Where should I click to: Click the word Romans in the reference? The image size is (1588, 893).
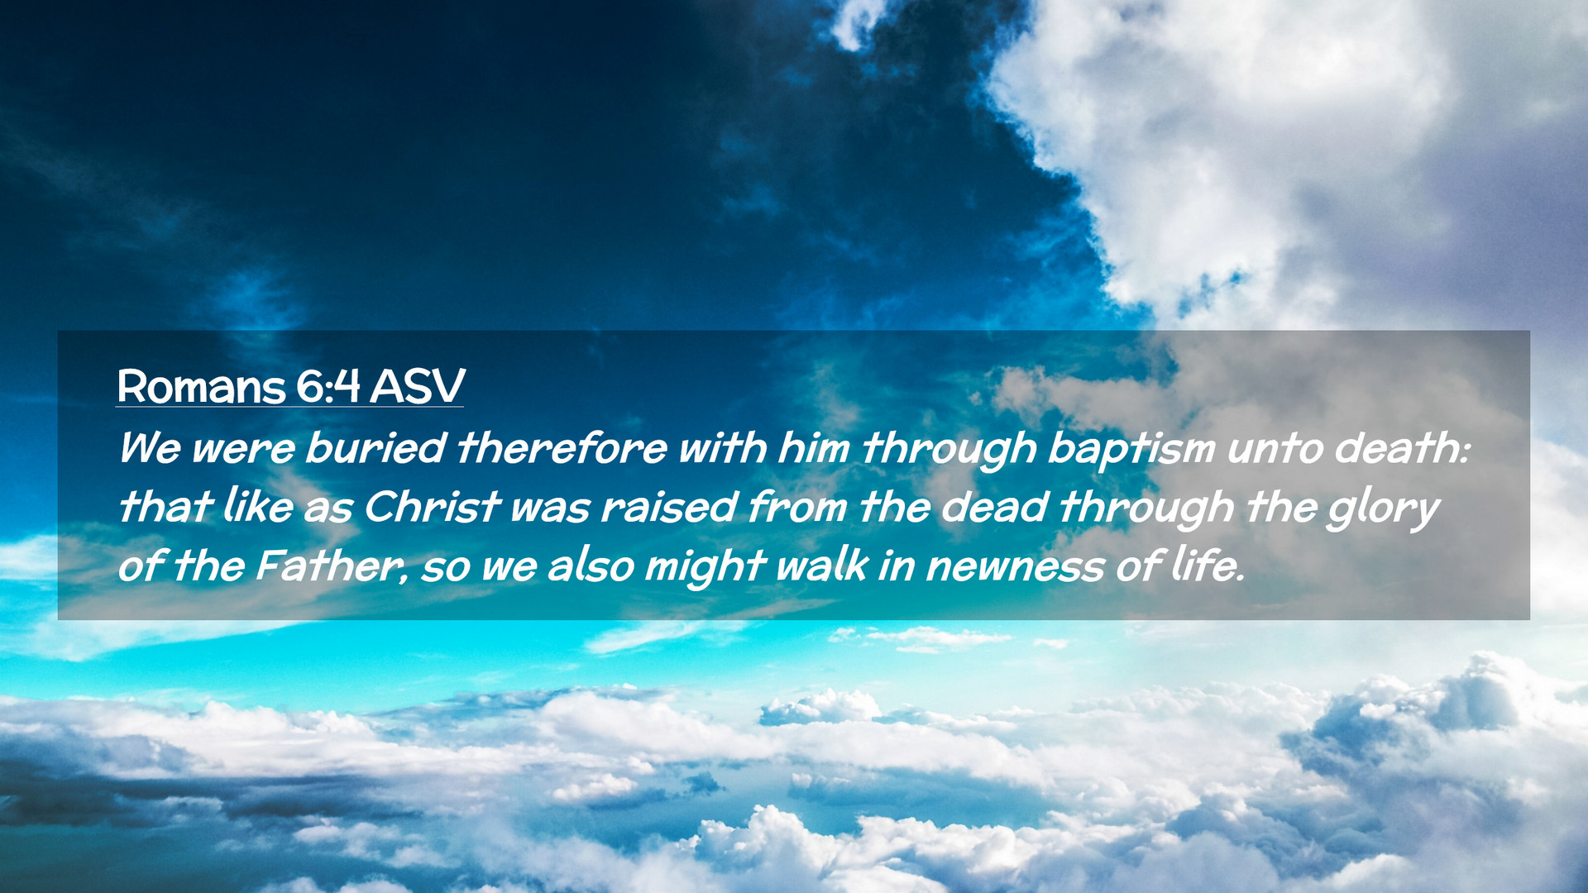click(x=201, y=386)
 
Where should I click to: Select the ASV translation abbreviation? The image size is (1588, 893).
click(x=417, y=386)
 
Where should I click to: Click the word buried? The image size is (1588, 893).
click(x=375, y=447)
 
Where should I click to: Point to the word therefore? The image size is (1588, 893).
click(x=562, y=447)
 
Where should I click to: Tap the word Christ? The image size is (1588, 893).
click(x=432, y=506)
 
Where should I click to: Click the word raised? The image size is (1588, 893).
click(x=668, y=506)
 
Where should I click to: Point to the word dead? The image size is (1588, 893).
click(x=995, y=506)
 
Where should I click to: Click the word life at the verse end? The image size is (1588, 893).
click(x=1208, y=566)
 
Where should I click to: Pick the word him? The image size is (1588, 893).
click(x=814, y=447)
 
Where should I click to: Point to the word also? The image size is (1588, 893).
click(x=591, y=566)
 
